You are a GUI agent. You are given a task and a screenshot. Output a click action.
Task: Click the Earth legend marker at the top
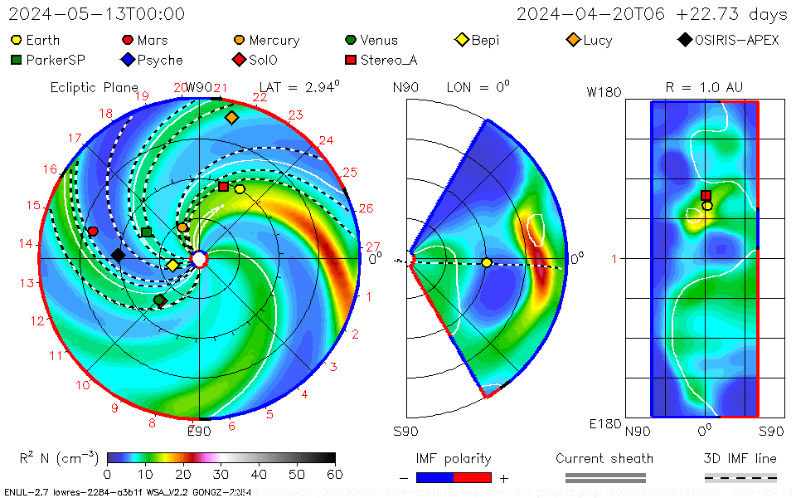[x=16, y=40]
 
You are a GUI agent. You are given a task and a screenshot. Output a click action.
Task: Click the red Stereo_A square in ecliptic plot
[x=223, y=187]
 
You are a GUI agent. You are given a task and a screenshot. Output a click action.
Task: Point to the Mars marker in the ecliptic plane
[x=93, y=231]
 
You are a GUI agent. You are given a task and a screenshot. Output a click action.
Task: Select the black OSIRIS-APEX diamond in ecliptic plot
[x=119, y=255]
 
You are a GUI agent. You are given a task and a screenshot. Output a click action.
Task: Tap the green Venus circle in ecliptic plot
[x=160, y=300]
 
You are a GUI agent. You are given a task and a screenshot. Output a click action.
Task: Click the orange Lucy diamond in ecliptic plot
[x=231, y=118]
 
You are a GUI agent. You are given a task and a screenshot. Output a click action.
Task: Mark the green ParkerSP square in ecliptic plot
[x=146, y=232]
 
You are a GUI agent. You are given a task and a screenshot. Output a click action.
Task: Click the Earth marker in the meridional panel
[x=487, y=262]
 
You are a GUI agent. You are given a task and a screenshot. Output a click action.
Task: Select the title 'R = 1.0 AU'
[x=704, y=87]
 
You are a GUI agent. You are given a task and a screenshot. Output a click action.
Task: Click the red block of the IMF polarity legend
[x=473, y=477]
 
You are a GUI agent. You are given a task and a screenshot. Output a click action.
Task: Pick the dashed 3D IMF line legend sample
[x=740, y=477]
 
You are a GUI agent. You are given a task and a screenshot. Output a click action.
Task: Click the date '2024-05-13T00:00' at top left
[x=96, y=14]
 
